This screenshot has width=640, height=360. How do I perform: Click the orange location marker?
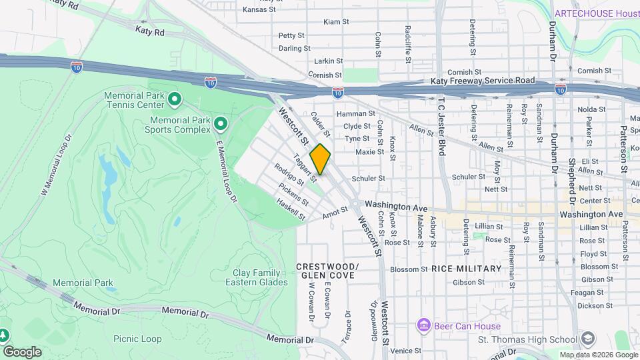[320, 159]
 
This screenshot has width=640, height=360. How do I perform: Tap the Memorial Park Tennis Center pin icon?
[175, 101]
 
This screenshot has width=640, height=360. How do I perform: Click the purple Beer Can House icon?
[423, 325]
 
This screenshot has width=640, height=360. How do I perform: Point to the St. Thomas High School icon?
[587, 339]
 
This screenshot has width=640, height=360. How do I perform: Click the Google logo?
[22, 351]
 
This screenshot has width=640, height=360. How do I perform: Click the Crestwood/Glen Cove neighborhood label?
[327, 271]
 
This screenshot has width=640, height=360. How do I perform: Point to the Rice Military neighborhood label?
[466, 269]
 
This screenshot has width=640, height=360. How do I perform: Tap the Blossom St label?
[408, 269]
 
